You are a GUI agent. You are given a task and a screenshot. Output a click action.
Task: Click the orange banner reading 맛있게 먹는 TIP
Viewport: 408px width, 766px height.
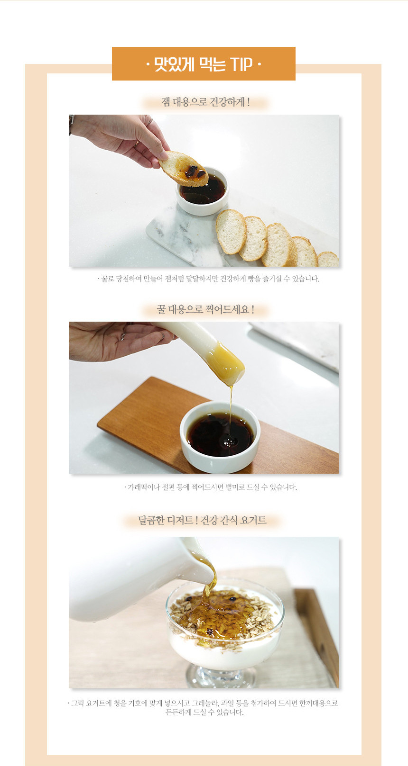pyautogui.click(x=204, y=63)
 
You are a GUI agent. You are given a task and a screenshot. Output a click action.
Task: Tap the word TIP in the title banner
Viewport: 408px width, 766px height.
pyautogui.click(x=241, y=64)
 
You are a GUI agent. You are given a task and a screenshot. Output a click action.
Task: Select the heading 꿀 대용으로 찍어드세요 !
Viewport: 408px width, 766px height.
pyautogui.click(x=205, y=309)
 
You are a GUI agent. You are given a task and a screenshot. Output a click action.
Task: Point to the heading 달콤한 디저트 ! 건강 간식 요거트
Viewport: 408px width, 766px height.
pyautogui.click(x=202, y=520)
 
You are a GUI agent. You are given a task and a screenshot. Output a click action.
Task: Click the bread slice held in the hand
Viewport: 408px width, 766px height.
pyautogui.click(x=184, y=169)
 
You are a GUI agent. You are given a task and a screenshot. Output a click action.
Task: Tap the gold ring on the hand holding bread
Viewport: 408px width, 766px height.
pyautogui.click(x=136, y=144)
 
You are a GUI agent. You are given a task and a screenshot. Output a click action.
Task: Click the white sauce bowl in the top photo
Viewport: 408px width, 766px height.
pyautogui.click(x=203, y=191)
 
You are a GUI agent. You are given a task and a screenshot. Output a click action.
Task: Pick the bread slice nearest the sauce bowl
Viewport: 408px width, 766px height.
pyautogui.click(x=231, y=232)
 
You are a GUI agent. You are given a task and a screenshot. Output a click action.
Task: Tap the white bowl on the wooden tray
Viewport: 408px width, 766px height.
pyautogui.click(x=220, y=437)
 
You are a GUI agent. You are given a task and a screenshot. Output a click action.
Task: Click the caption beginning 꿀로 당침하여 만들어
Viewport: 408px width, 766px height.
pyautogui.click(x=208, y=279)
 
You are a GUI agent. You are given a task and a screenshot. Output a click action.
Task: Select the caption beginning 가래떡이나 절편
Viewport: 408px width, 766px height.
pyautogui.click(x=210, y=487)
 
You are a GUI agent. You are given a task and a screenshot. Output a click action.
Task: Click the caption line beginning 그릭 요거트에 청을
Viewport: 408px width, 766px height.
pyautogui.click(x=203, y=703)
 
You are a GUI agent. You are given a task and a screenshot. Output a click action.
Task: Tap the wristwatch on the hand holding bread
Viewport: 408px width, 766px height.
pyautogui.click(x=71, y=124)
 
